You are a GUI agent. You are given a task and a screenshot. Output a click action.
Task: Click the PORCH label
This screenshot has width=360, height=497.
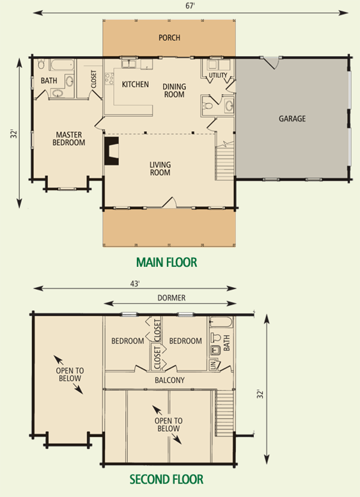(169, 38)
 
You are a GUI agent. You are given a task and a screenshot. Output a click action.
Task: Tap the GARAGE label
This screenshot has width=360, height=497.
(292, 118)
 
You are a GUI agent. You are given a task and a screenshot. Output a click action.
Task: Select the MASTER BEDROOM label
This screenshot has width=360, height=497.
(69, 139)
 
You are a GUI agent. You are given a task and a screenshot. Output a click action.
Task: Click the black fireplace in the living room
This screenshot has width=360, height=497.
(111, 151)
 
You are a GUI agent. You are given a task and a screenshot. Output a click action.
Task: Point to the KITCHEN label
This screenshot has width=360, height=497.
(136, 84)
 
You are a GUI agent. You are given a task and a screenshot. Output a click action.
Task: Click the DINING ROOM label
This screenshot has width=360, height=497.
(175, 90)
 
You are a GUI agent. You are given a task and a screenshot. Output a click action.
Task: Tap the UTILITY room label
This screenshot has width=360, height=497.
(217, 75)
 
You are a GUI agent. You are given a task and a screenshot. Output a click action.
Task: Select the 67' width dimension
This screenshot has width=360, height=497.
(190, 6)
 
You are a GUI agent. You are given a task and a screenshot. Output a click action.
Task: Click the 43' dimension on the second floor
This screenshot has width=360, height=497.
(135, 284)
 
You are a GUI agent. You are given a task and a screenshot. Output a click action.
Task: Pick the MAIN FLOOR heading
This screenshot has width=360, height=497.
(167, 262)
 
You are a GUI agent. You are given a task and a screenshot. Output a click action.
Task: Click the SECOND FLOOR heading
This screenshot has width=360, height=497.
(166, 479)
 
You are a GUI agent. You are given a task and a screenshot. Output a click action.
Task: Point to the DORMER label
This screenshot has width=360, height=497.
(171, 298)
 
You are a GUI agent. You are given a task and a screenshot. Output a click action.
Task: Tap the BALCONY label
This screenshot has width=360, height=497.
(169, 380)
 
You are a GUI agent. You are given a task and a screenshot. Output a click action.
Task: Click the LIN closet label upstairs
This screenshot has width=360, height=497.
(214, 365)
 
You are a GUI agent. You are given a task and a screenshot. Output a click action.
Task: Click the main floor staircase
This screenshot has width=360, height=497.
(224, 162)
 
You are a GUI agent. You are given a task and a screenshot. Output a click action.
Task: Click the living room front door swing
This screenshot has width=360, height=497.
(169, 203)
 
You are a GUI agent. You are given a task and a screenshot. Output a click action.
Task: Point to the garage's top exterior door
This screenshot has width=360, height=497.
(270, 63)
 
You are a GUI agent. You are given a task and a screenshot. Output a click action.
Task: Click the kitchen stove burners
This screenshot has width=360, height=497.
(109, 78)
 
